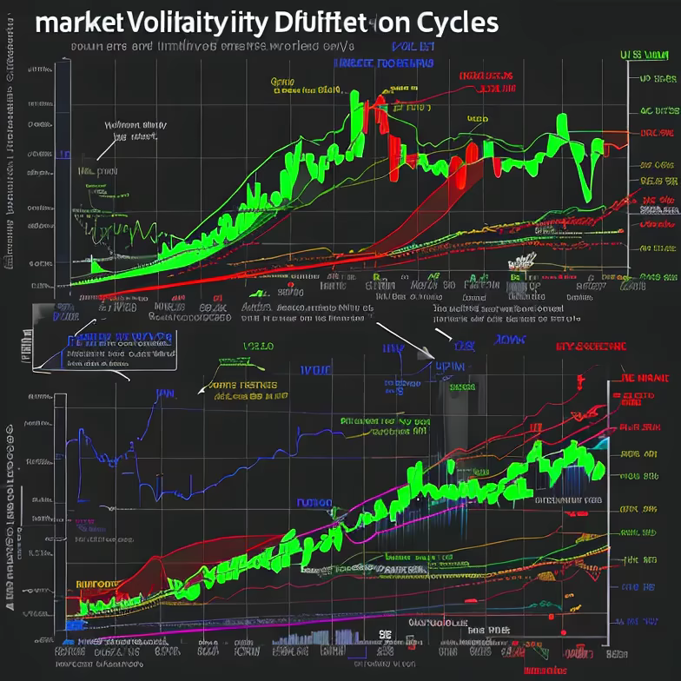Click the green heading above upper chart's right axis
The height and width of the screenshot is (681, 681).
[x=650, y=55]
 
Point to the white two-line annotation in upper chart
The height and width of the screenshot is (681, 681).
[x=135, y=130]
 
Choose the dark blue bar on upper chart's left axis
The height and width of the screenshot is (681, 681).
[x=63, y=155]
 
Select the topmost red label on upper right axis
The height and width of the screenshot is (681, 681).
[x=657, y=133]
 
